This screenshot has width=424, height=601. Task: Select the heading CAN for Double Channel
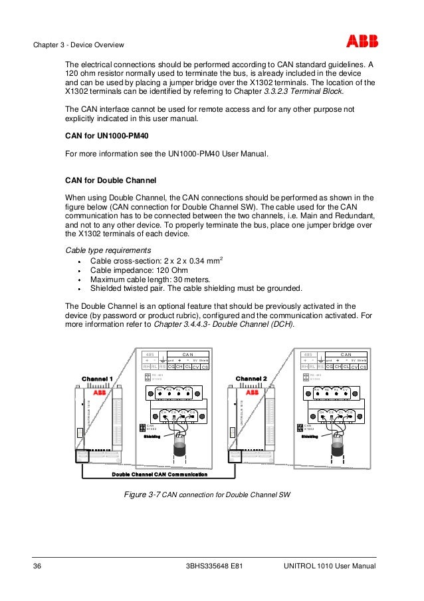110,180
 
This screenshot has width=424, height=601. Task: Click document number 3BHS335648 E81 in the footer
213,566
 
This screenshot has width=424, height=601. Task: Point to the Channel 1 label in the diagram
97,379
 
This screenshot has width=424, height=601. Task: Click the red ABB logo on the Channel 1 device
100,393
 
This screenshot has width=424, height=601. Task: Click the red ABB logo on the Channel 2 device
253,393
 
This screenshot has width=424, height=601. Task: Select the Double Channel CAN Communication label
159,474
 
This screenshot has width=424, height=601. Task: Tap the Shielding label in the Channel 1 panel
154,437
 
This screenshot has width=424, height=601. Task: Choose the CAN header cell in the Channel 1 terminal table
187,354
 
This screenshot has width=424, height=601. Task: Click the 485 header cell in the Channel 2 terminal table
307,354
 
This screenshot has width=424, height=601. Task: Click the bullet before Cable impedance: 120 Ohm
78,271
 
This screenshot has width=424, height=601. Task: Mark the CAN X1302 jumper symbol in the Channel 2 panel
300,427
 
